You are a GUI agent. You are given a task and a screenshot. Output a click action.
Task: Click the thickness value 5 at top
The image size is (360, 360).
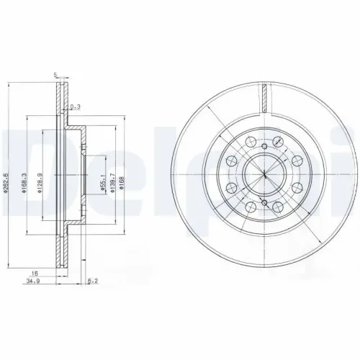[x=55, y=74]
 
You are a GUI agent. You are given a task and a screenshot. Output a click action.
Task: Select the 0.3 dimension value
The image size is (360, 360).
[x=76, y=107]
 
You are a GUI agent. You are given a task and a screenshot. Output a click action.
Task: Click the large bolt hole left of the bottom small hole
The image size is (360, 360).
[x=248, y=208]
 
